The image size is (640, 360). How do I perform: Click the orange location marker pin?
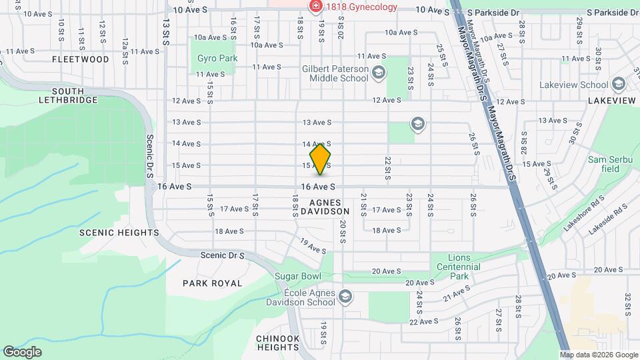point(321,159)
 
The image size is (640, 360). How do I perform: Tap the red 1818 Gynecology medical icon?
point(315,7)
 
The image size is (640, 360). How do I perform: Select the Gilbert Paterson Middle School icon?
point(379,73)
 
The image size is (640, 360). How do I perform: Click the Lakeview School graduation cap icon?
point(618,85)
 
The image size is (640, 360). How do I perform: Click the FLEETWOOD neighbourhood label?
point(81,59)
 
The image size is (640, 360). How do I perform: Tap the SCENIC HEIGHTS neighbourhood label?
point(119,233)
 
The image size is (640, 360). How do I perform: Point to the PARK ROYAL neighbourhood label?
point(212,283)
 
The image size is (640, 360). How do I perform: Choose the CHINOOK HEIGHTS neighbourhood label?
point(277,343)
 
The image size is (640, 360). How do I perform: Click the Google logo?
point(21,352)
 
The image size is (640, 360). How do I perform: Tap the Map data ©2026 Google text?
point(599,355)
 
